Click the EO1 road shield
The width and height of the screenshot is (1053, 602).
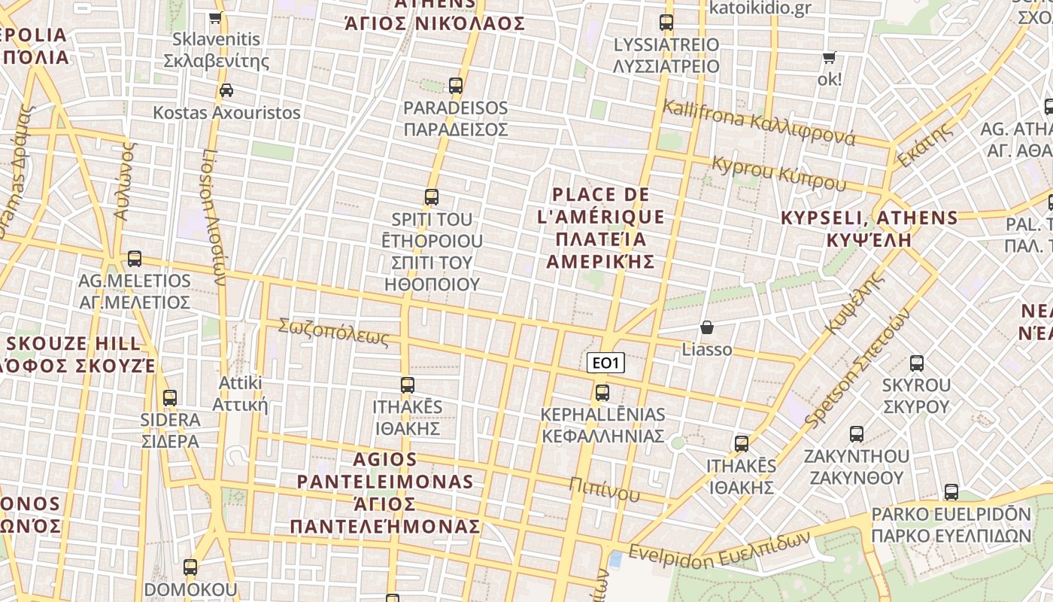pos(605,363)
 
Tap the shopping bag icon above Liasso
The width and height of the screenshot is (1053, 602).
pos(706,327)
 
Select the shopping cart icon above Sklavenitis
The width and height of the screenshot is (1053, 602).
pos(216,17)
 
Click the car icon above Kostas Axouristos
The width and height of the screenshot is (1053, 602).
pos(226,90)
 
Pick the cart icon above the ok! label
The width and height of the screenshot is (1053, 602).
pos(830,58)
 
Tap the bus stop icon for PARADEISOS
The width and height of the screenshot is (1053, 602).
pos(455,86)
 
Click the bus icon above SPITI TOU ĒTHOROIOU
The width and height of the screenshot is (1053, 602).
pos(431,197)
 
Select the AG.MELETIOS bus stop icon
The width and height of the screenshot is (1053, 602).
pos(135,259)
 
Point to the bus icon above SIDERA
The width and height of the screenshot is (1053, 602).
pos(170,398)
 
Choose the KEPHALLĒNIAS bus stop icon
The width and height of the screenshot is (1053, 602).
pos(602,393)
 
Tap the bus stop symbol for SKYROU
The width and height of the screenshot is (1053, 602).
pos(916,363)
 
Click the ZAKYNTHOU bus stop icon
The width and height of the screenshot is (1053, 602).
pos(856,434)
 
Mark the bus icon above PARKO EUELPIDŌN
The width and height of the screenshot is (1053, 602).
pos(951,493)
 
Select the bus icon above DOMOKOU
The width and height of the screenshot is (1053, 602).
pos(190,567)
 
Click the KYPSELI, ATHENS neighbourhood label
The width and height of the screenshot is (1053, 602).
pos(869,229)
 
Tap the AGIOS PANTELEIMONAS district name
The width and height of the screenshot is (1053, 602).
pos(385,492)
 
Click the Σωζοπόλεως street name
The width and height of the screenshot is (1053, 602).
pos(333,332)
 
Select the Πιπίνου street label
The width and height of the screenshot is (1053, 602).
pos(604,489)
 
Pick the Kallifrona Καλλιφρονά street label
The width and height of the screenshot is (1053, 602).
pos(758,123)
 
